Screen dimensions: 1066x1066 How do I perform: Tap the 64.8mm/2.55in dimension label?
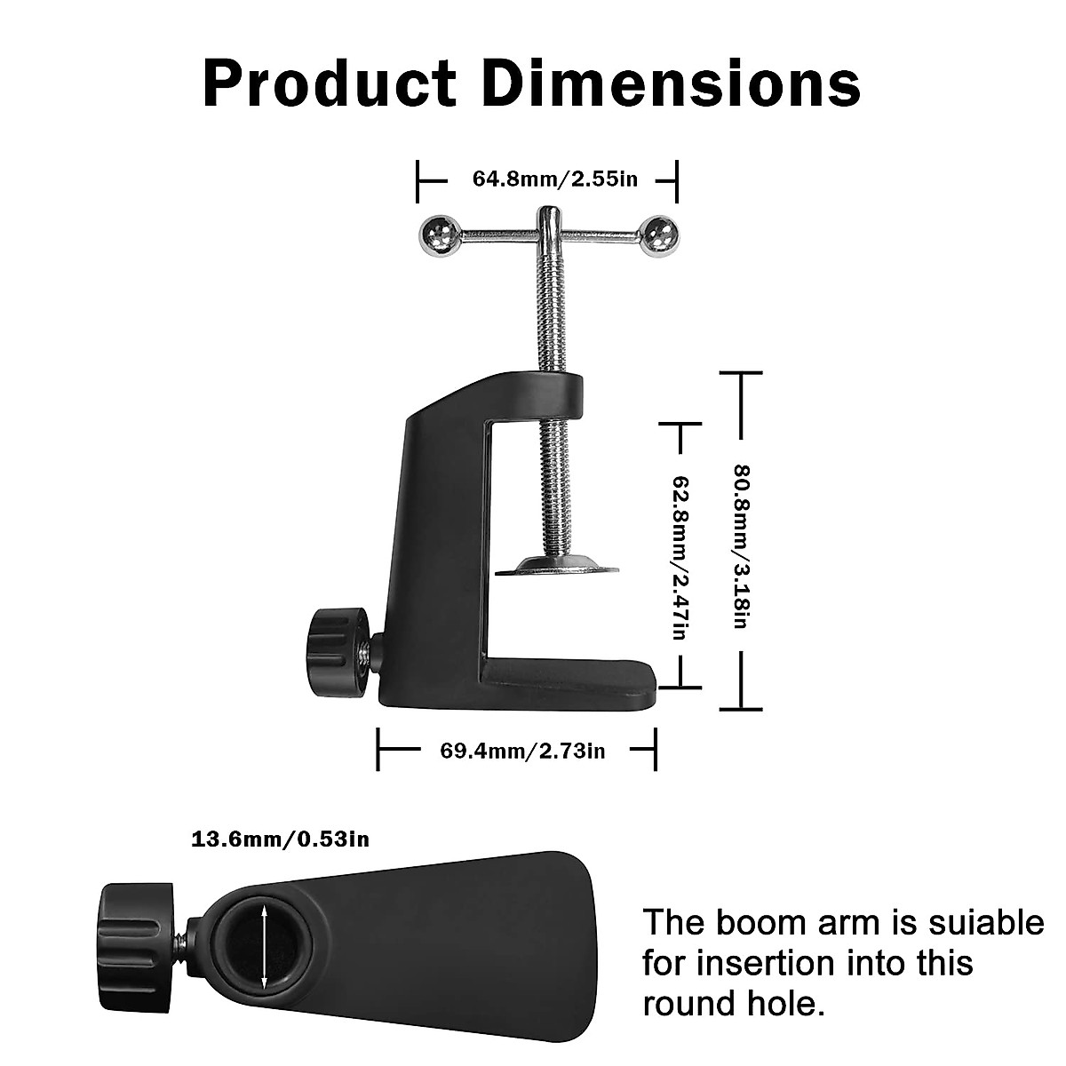(x=554, y=179)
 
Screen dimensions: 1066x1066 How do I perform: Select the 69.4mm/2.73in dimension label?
(x=522, y=751)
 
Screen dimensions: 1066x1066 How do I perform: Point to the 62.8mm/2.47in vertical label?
(x=680, y=556)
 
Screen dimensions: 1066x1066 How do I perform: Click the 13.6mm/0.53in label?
(x=280, y=839)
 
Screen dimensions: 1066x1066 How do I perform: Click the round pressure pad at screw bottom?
(x=554, y=565)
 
